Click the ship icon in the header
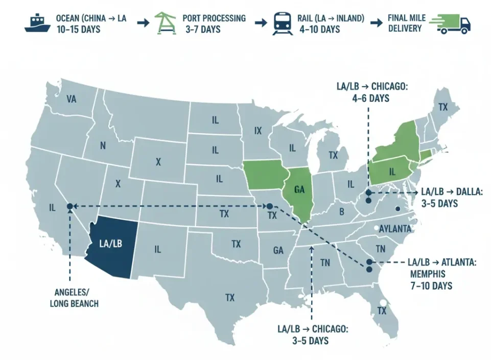38,24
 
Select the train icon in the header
282,23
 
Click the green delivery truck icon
450,23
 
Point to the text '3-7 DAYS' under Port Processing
203,30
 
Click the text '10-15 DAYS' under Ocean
78,30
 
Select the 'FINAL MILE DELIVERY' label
405,23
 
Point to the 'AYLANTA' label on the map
395,229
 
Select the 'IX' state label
258,131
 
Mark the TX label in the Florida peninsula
382,310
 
